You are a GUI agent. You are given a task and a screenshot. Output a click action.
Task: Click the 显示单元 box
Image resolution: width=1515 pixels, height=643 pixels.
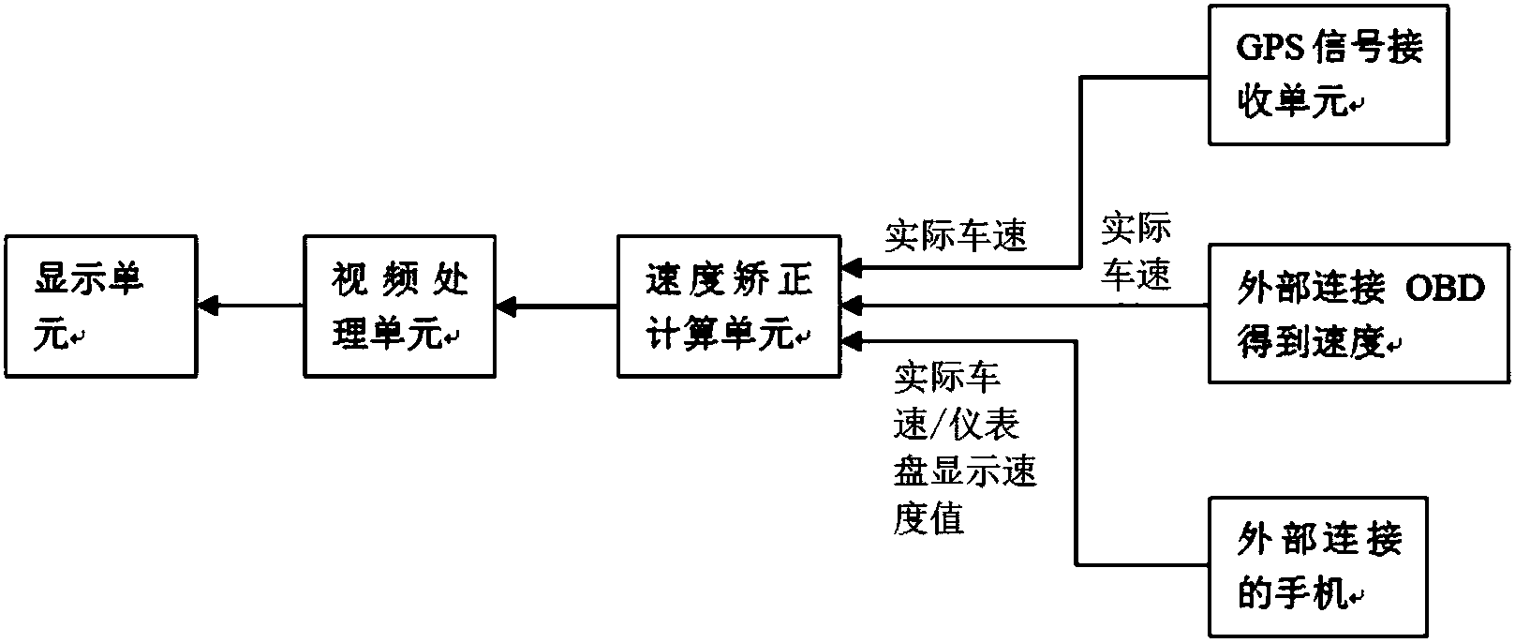(x=100, y=306)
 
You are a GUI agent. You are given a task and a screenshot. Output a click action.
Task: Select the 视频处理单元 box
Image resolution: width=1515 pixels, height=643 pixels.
(x=400, y=306)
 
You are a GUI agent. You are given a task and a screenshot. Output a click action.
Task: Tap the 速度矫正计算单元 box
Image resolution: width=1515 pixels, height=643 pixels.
(x=729, y=306)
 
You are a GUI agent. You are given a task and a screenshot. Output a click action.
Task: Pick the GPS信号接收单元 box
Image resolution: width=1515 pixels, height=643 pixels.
(x=1329, y=75)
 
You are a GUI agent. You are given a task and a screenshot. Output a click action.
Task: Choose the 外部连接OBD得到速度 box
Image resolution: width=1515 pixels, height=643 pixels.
(x=1359, y=313)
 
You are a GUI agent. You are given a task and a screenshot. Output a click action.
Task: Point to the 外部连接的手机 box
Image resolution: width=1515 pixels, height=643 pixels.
(x=1318, y=566)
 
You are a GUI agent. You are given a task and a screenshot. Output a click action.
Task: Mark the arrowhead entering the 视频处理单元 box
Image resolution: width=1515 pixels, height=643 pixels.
(x=507, y=306)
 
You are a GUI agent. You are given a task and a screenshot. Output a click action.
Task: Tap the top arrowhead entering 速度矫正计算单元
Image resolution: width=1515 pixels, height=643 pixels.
(x=852, y=269)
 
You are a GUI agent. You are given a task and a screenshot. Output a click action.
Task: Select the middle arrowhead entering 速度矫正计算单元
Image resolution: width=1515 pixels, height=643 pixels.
(x=852, y=306)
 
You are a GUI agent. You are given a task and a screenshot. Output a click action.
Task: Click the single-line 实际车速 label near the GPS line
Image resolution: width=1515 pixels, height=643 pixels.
(x=956, y=235)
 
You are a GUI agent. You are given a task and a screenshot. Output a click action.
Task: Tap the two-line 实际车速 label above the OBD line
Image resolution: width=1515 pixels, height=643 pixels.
(x=1136, y=251)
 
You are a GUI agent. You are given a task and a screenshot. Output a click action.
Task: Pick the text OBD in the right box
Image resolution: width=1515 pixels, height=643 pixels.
(x=1447, y=289)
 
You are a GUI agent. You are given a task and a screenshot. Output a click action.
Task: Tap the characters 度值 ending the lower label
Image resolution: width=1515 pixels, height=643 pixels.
(x=928, y=518)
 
